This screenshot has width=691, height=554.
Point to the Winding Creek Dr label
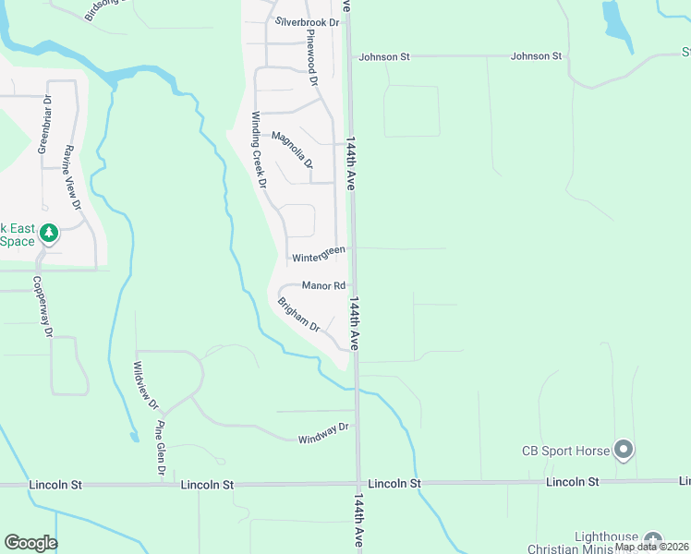coord(259,150)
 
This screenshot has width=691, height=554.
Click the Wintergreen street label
coord(319,254)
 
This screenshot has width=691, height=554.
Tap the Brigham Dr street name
coord(298,314)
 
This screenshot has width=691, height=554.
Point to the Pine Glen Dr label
coord(161,449)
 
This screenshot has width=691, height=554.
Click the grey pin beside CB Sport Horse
coord(624,450)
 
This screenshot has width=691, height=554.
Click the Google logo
coord(30,543)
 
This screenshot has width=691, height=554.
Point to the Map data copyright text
coord(651,547)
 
